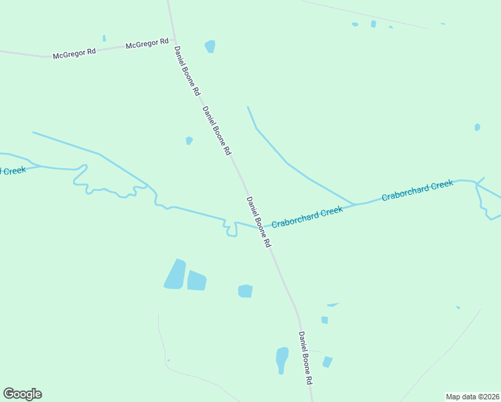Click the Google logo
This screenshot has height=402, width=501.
pyautogui.click(x=22, y=394)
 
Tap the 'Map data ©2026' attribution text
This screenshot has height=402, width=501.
pyautogui.click(x=472, y=397)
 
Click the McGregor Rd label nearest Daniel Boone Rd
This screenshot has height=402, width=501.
pyautogui.click(x=147, y=44)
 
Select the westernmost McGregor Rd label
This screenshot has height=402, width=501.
pyautogui.click(x=74, y=53)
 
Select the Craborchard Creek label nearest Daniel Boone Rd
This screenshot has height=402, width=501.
pyautogui.click(x=307, y=216)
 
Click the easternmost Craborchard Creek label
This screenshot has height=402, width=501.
pyautogui.click(x=417, y=190)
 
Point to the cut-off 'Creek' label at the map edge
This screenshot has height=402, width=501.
pyautogui.click(x=13, y=170)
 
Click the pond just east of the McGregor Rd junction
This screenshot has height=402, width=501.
pyautogui.click(x=210, y=46)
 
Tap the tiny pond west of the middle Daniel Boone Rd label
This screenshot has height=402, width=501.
pyautogui.click(x=189, y=141)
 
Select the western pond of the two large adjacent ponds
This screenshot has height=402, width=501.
pyautogui.click(x=175, y=274)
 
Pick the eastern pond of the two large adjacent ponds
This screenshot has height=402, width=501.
pyautogui.click(x=196, y=280)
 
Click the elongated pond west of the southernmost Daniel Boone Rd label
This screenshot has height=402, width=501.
pyautogui.click(x=282, y=359)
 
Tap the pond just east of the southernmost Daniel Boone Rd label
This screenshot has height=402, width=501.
pyautogui.click(x=327, y=362)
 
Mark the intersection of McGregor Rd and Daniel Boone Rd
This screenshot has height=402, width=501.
pyautogui.click(x=174, y=39)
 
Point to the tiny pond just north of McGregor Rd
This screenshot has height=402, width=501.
pyautogui.click(x=104, y=38)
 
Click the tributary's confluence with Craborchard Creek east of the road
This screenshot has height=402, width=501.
pyautogui.click(x=355, y=204)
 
